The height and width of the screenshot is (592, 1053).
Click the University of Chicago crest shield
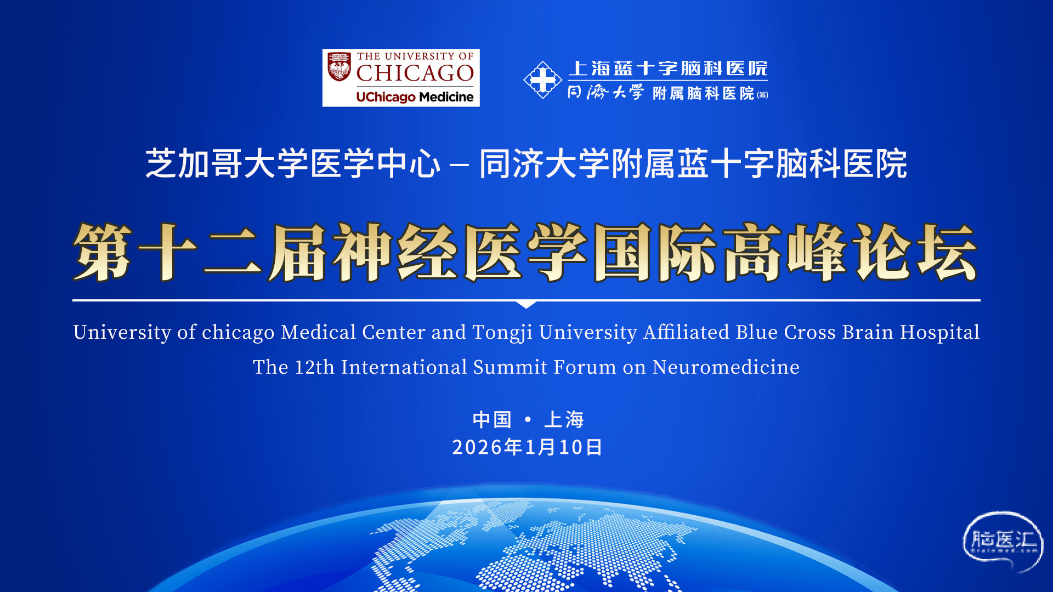[x=339, y=67]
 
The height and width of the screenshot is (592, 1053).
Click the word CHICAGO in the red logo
[x=415, y=73]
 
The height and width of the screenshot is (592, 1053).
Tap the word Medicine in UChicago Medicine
[x=446, y=97]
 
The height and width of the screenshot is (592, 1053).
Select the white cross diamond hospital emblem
[x=542, y=80]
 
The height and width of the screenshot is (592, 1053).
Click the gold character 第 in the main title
[x=103, y=252]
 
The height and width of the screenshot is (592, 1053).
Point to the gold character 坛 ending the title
[x=947, y=252]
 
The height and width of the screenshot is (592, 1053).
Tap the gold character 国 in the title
[x=623, y=252]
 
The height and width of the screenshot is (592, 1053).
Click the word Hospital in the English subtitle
[x=939, y=333]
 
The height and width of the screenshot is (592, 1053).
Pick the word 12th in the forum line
[x=314, y=367]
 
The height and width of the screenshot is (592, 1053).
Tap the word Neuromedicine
[x=726, y=367]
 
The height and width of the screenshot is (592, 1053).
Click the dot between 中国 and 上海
[x=528, y=419]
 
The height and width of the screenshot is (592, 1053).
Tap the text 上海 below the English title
[x=564, y=420]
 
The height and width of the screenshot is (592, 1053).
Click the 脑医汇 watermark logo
[x=1003, y=542]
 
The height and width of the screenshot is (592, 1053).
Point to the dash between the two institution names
[x=459, y=164]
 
